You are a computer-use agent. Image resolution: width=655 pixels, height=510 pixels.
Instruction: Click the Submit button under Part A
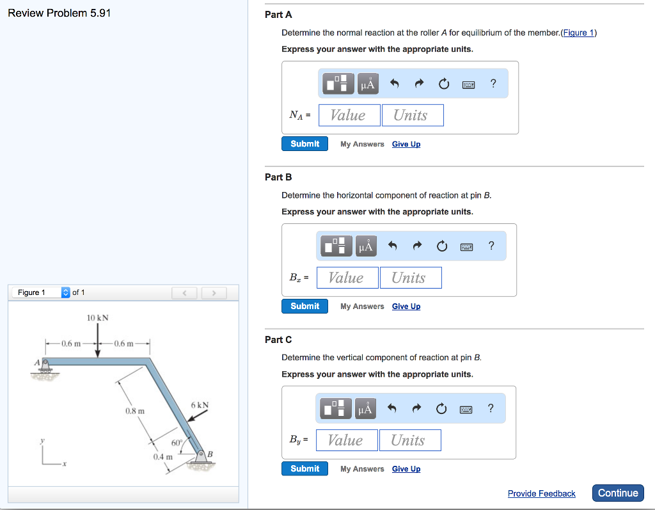[x=304, y=144]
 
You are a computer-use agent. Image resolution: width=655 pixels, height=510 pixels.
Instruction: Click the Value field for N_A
[x=349, y=115]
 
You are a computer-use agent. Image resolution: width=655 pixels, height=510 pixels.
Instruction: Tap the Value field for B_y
[x=345, y=440]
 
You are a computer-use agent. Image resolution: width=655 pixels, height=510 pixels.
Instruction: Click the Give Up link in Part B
[x=406, y=307]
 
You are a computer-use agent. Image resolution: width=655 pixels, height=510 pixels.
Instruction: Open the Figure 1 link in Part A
[x=578, y=33]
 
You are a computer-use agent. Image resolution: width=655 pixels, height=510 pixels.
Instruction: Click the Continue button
[x=618, y=493]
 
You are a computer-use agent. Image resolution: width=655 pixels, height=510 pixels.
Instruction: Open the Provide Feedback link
[x=541, y=493]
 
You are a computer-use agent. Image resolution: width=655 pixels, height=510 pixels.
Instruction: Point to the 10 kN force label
[x=98, y=317]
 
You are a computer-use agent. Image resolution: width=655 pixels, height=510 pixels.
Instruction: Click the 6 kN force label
[x=200, y=405]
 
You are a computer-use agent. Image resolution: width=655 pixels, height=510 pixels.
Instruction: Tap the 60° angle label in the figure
[x=177, y=442]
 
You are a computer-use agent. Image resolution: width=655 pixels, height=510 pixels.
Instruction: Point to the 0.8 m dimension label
[x=135, y=410]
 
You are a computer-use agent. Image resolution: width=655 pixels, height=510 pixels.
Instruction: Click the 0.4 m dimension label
[x=162, y=457]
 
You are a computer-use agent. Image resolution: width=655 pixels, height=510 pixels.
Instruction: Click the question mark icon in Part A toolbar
[x=493, y=83]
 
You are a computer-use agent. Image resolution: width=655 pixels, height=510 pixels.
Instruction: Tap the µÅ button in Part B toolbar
[x=367, y=246]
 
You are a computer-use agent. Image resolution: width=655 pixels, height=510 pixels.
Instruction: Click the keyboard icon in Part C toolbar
[x=466, y=408]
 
